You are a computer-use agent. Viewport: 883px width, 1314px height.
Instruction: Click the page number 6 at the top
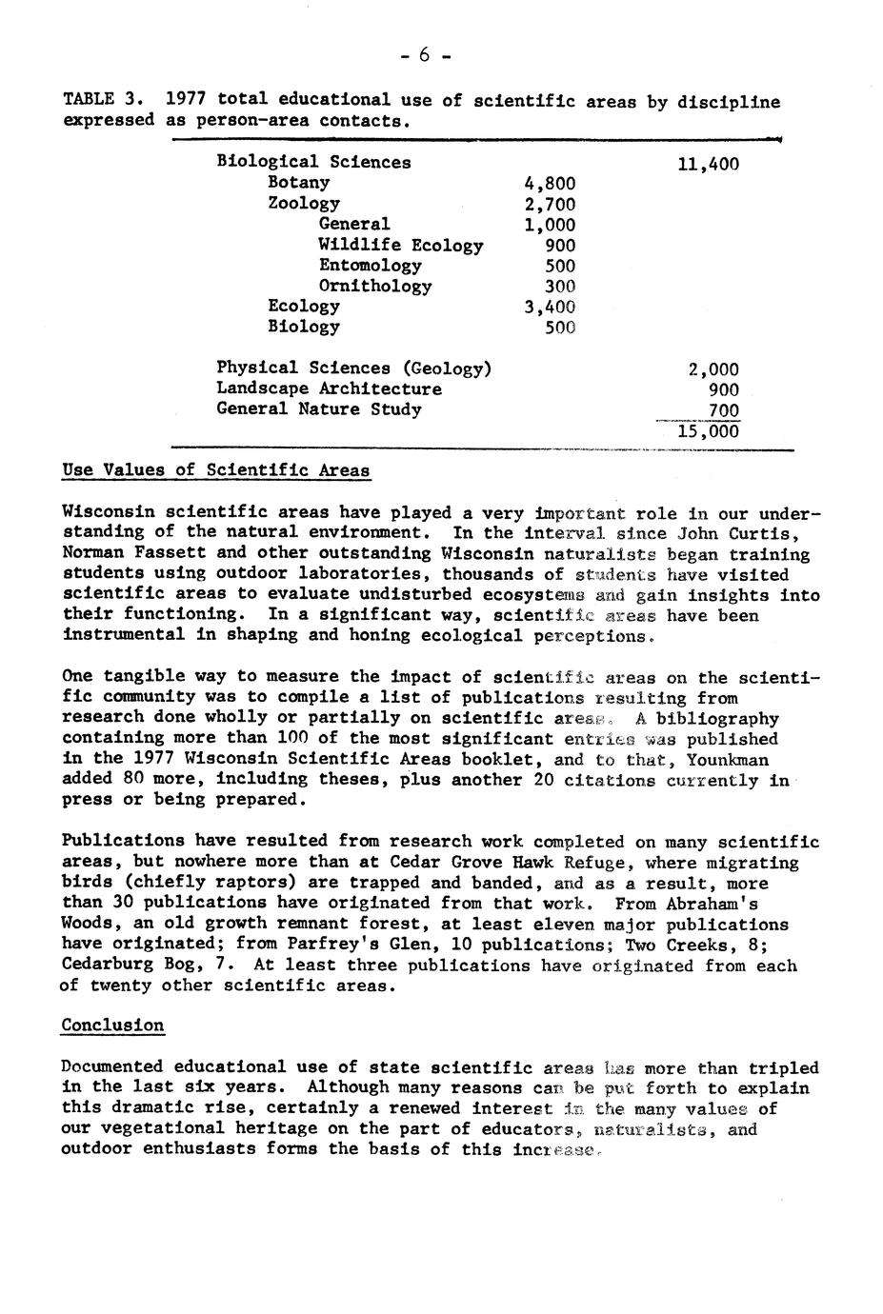[425, 55]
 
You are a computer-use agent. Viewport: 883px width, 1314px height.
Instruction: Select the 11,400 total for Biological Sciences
[708, 165]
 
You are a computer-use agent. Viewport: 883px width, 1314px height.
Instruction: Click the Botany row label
[298, 182]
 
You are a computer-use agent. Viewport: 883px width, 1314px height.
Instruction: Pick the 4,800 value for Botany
[550, 183]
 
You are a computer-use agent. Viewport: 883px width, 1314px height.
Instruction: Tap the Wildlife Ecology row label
[401, 246]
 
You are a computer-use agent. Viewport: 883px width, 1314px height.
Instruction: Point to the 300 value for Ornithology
[559, 287]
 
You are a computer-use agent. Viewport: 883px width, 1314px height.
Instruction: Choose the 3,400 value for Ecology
[550, 308]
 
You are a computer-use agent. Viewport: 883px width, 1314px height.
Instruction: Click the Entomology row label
[370, 266]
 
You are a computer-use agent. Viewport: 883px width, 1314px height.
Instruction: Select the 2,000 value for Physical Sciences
[713, 369]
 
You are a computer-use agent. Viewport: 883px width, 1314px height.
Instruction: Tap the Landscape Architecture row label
[329, 388]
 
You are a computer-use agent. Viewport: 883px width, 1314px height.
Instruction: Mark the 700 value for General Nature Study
[724, 410]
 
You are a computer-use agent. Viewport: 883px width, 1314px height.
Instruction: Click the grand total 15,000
[708, 431]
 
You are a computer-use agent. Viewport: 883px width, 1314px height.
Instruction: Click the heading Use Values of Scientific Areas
[216, 469]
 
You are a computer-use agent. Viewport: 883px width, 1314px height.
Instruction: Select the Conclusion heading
[112, 1025]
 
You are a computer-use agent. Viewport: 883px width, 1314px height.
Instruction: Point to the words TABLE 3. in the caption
[104, 100]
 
